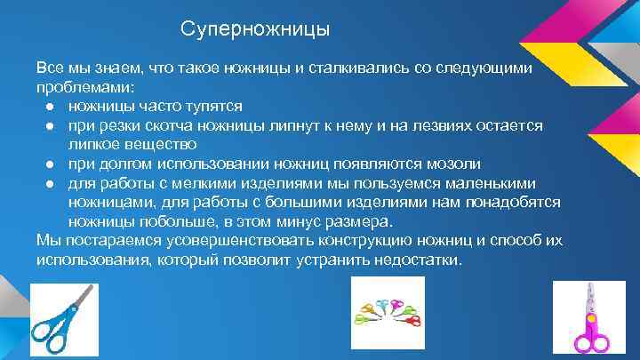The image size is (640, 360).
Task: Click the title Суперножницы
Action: pyautogui.click(x=255, y=30)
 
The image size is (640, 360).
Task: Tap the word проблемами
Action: pyautogui.click(x=84, y=88)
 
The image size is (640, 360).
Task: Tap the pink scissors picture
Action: pyautogui.click(x=589, y=319)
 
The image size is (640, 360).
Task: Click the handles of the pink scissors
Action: pyautogui.click(x=589, y=342)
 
